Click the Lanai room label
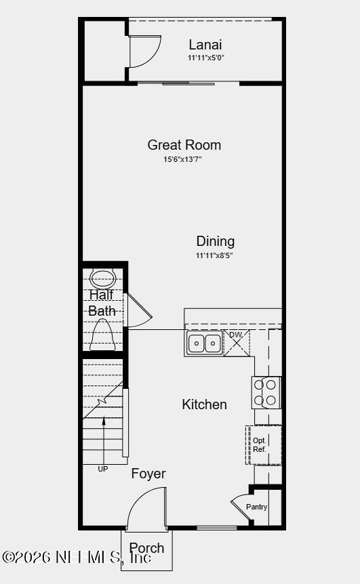coord(205,45)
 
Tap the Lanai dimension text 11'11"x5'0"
coord(205,58)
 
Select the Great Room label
coord(184,145)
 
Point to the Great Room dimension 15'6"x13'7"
coord(182,159)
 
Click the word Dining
coord(216,241)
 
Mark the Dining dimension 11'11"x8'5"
coord(214,255)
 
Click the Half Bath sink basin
coord(103,278)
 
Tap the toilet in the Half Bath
coord(103,335)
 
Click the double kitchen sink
coord(204,343)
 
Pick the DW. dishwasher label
coord(236,335)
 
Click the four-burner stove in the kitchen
coord(266,392)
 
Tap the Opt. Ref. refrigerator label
coord(260,445)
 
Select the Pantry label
coord(256,507)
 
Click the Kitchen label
coord(204,404)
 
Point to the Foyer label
coord(148,474)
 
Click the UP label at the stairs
coord(103,470)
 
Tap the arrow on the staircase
coord(104,440)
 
